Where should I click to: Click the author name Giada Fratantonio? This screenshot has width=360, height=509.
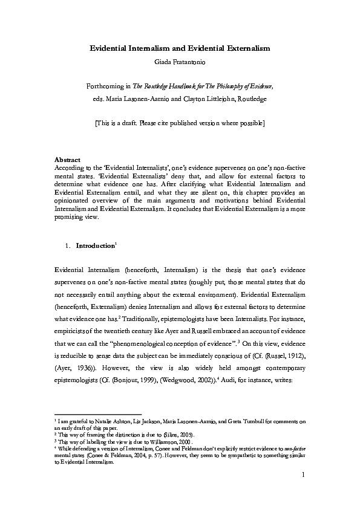180,61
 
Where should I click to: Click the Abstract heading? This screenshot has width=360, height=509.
68,160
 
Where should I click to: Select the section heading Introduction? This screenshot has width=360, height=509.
95,246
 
